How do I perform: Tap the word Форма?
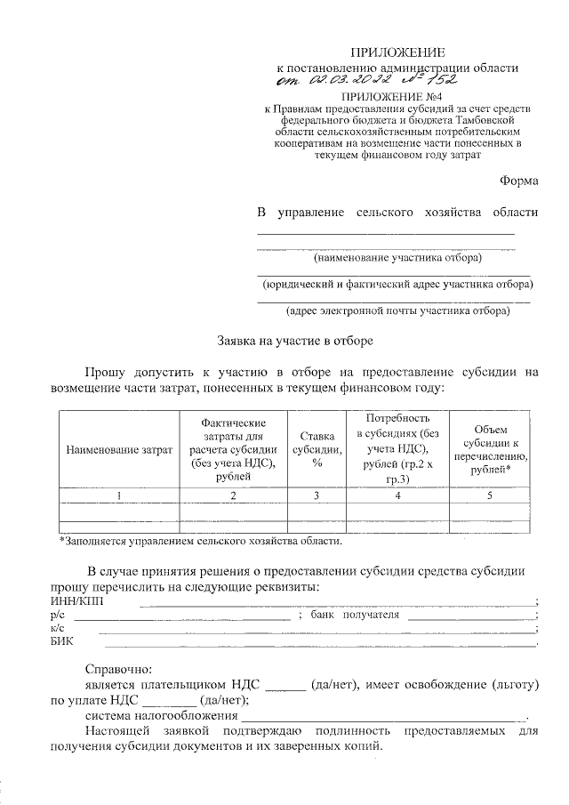[x=519, y=181]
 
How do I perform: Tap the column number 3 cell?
[x=317, y=495]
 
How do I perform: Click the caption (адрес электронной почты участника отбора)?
[x=397, y=311]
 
